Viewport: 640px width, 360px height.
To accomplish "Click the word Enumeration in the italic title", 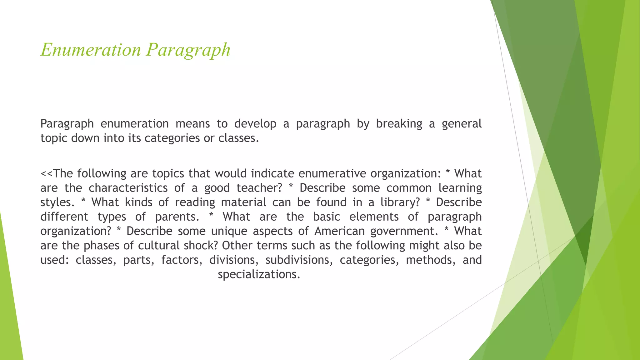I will [91, 50].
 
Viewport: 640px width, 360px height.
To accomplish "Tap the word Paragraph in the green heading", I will [188, 50].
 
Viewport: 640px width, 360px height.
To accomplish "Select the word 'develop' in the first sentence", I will [255, 124].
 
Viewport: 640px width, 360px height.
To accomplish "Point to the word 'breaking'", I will [399, 124].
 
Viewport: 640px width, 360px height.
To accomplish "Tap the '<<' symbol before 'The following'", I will [47, 174].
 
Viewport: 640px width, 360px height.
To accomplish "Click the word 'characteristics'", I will [128, 188].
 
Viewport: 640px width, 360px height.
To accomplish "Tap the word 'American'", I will [340, 231].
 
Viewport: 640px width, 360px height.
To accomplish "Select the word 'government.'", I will [405, 231].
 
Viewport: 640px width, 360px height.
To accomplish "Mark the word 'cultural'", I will [159, 246].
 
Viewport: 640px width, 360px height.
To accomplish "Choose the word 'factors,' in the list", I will [182, 260].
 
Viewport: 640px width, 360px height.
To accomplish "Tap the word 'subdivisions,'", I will [299, 260].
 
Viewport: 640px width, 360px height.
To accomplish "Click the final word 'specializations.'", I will [259, 274].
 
